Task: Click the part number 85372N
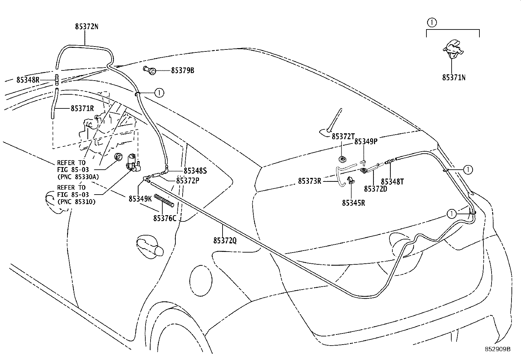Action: pos(86,27)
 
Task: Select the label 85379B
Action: pos(183,70)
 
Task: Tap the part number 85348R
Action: pos(28,80)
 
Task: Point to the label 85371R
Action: pos(82,108)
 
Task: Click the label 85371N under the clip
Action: pos(454,78)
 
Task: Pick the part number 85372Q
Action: pos(225,240)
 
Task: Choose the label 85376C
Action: pos(165,218)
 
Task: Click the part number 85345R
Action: pos(353,203)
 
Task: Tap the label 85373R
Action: pos(310,181)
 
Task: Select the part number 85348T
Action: pos(392,181)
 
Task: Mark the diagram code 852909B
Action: pos(498,349)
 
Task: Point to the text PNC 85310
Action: pos(77,202)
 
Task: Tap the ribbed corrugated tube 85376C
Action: pos(164,200)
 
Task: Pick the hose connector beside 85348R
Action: pos(57,80)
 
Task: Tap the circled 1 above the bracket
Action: pos(432,23)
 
